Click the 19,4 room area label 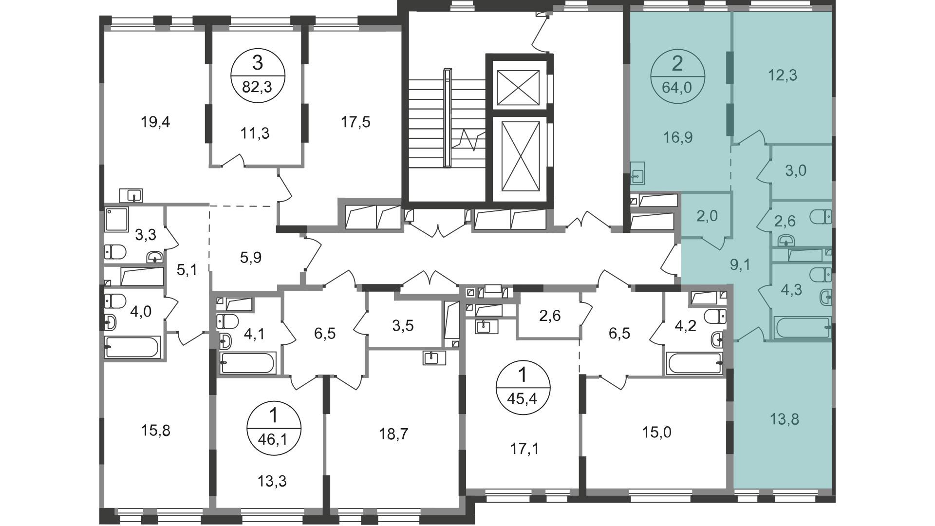[x=155, y=122]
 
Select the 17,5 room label [x=355, y=122]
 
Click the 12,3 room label [x=783, y=75]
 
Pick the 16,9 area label [x=678, y=138]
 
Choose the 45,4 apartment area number [x=523, y=400]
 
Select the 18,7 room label [x=393, y=434]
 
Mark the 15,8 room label [x=155, y=431]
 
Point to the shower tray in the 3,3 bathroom [x=117, y=220]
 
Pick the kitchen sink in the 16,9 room [x=637, y=173]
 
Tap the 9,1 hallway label [x=740, y=265]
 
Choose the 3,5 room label [x=403, y=325]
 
